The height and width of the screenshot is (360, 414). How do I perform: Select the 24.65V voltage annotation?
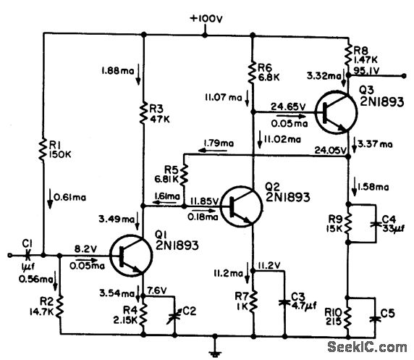pyautogui.click(x=288, y=106)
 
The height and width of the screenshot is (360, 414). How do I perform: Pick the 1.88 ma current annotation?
pyautogui.click(x=114, y=70)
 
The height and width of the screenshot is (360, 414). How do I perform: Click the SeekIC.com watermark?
pyautogui.click(x=370, y=347)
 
